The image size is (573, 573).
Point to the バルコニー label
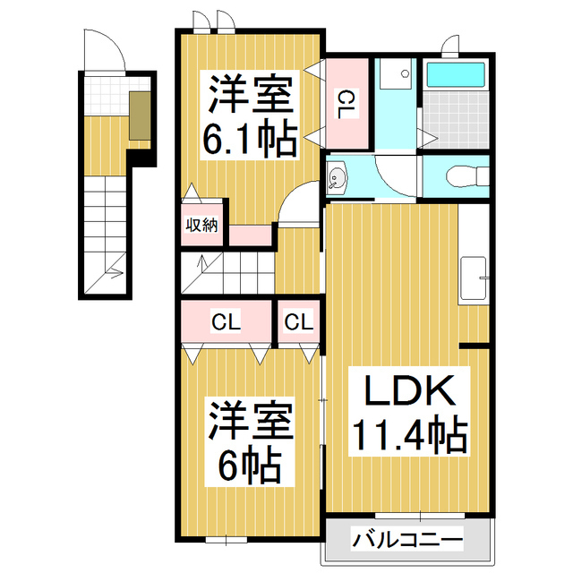(x=407, y=541)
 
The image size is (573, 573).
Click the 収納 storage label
(x=201, y=226)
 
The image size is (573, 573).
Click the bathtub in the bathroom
(x=454, y=75)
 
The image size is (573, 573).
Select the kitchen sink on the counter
(x=473, y=278)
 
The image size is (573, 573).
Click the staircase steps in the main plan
(x=227, y=271)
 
